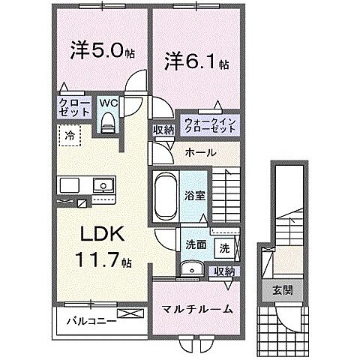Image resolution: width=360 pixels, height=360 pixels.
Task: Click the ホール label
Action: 200,152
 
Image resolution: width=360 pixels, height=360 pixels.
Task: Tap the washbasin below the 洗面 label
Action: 191,268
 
